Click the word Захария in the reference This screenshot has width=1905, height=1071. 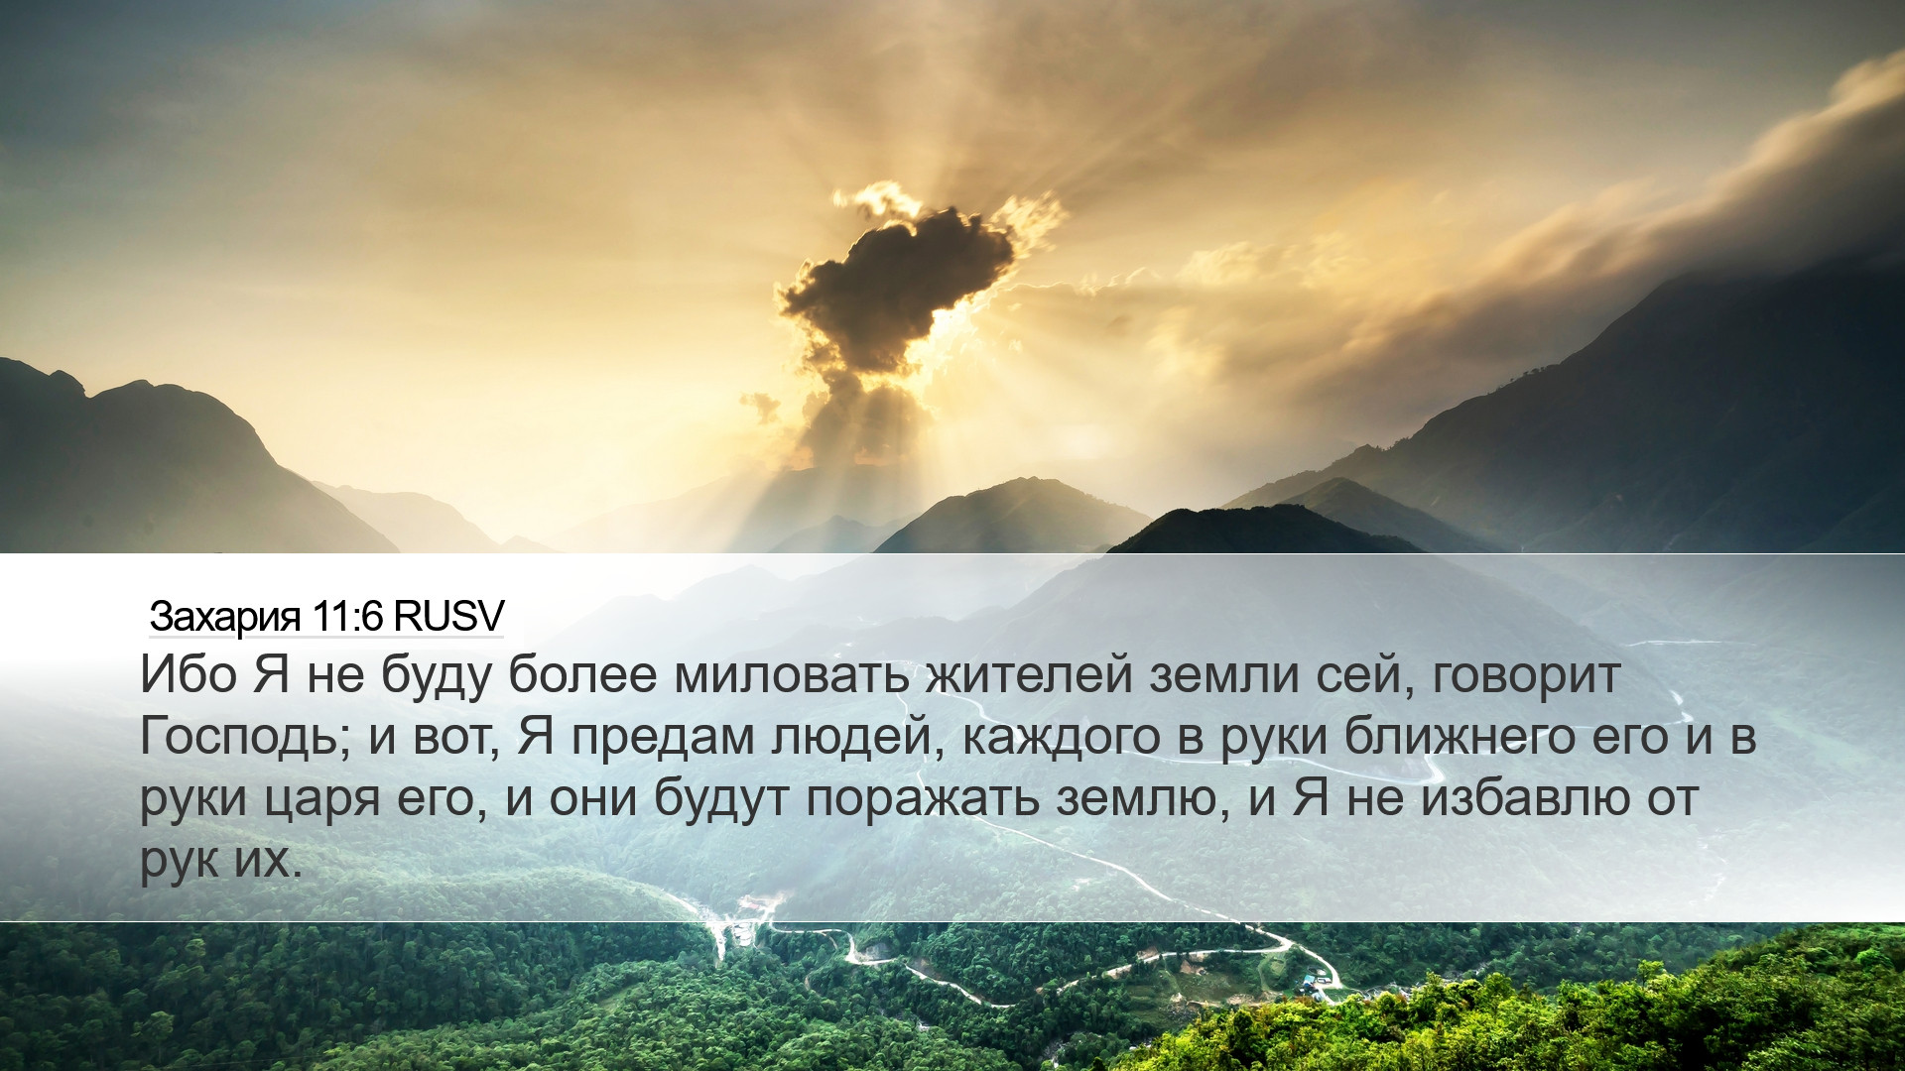click(x=225, y=616)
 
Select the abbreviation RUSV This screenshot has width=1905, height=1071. click(x=449, y=616)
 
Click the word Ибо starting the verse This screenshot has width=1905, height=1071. click(x=189, y=674)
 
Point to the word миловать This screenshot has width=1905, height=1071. click(x=792, y=674)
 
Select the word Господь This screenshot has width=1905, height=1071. click(x=245, y=737)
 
